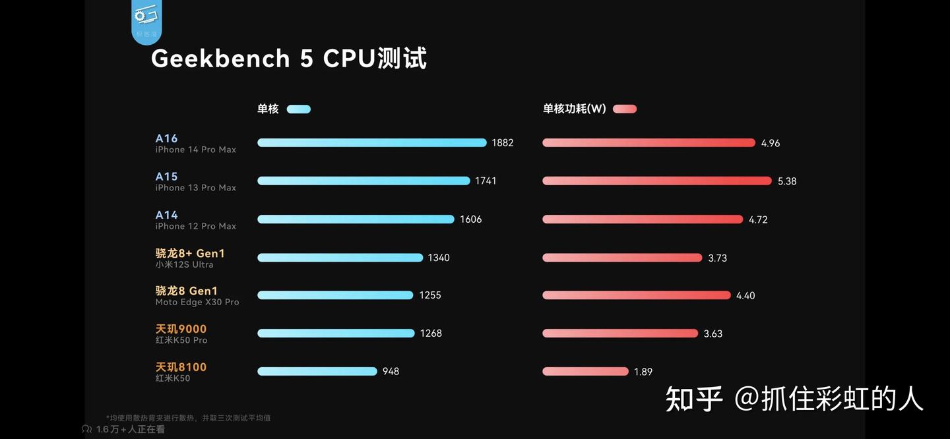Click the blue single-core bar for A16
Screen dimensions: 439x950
(x=371, y=142)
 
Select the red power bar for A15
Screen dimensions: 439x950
(x=656, y=181)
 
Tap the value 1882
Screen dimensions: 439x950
(x=503, y=143)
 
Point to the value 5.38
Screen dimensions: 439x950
(x=787, y=181)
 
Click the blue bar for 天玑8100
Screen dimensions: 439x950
(x=317, y=371)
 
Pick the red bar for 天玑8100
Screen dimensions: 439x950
(x=585, y=372)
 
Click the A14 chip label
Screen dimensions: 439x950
(x=167, y=215)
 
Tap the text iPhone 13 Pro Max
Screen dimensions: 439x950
(x=195, y=188)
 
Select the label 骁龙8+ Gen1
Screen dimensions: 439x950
(x=190, y=253)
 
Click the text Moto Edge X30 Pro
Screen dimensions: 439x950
(x=197, y=303)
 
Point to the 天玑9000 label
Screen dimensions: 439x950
(x=181, y=329)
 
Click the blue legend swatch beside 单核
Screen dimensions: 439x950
(x=298, y=109)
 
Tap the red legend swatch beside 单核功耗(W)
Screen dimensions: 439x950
(x=624, y=109)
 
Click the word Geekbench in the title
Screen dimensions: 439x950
(x=220, y=59)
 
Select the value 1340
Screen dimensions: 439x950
(x=439, y=258)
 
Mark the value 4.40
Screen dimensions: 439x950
(x=745, y=296)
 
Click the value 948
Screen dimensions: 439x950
(x=391, y=372)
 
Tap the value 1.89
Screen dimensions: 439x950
(x=643, y=372)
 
